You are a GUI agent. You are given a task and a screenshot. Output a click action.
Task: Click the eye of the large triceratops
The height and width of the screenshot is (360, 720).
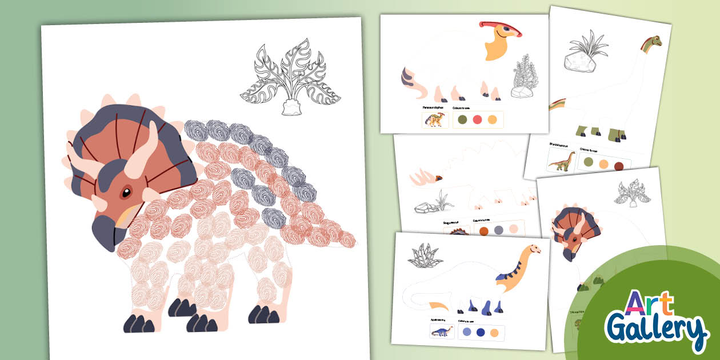[x=125, y=194]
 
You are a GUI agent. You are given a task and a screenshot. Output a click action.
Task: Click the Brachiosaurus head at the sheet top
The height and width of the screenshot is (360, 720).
[x=653, y=41]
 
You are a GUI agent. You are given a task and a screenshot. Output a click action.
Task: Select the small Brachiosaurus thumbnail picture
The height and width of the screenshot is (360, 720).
[x=561, y=161]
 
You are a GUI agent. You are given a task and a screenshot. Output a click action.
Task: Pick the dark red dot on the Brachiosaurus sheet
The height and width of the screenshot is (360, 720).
[x=619, y=166]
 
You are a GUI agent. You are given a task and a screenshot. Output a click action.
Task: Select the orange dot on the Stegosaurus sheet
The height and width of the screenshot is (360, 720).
[x=483, y=230]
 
